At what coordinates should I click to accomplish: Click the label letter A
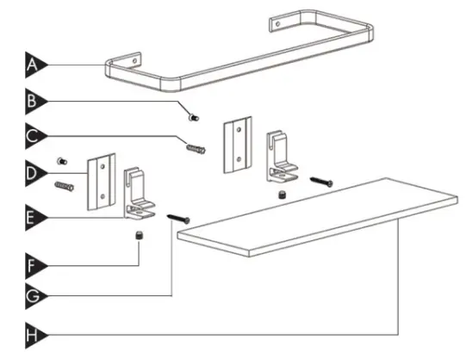34,65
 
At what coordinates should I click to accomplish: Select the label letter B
34,102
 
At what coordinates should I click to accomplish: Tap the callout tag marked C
34,136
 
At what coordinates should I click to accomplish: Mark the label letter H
34,332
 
